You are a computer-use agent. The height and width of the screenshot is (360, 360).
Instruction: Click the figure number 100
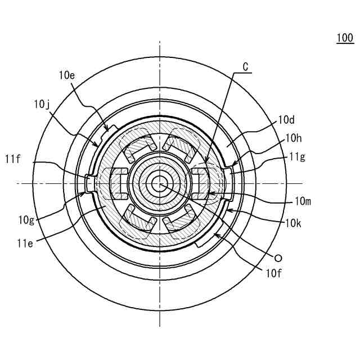click(345, 38)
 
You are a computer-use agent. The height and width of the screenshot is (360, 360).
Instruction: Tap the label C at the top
click(245, 66)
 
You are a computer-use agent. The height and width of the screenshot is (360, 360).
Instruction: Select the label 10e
click(66, 74)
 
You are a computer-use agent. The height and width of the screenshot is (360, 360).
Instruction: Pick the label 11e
click(25, 243)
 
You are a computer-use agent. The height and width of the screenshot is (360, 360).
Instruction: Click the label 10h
click(294, 137)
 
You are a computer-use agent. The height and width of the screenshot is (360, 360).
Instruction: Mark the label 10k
click(293, 223)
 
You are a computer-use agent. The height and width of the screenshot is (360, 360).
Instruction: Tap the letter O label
click(277, 258)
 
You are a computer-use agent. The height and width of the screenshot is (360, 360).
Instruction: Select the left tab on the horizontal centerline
click(90, 183)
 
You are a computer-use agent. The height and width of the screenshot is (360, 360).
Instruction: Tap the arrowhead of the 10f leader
click(214, 235)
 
